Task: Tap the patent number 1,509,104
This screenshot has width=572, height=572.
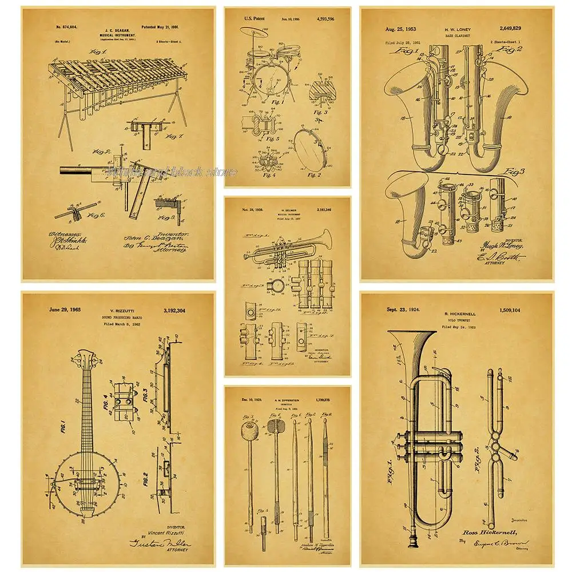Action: (521, 310)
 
